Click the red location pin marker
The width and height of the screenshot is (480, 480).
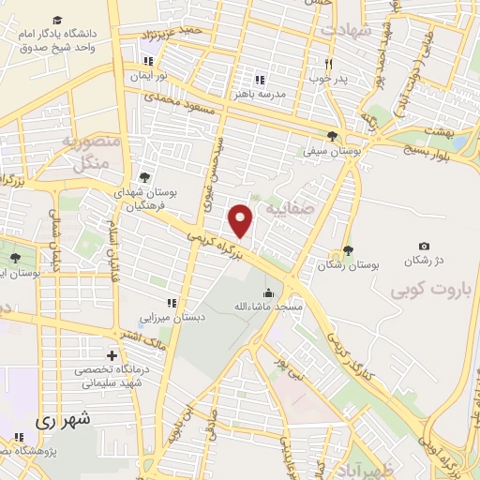(242, 220)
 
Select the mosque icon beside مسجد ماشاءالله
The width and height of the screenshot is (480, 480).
(269, 293)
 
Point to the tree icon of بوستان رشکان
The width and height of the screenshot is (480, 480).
(349, 249)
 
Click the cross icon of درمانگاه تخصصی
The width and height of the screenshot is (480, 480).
(112, 356)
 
